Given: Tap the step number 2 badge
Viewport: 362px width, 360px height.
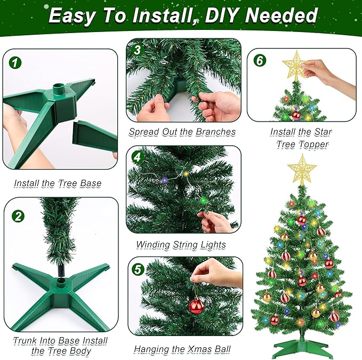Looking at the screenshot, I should tap(18, 216).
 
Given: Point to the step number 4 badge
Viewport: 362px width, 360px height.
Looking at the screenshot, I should tap(138, 158).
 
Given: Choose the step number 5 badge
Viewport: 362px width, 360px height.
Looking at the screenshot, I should tap(138, 269).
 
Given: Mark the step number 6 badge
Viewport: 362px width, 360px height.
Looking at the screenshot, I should tap(260, 60).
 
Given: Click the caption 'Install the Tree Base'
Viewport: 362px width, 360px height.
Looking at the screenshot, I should tap(58, 183).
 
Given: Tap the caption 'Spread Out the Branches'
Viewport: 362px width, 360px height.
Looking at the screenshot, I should tap(182, 132).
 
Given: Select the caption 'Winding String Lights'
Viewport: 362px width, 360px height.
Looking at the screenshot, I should tap(181, 245).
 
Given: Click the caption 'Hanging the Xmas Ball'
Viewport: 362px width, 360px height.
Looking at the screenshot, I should tap(182, 349).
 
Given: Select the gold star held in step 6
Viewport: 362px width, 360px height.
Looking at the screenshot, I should tap(294, 66).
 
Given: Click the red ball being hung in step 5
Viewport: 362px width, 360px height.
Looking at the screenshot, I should tap(197, 306).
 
